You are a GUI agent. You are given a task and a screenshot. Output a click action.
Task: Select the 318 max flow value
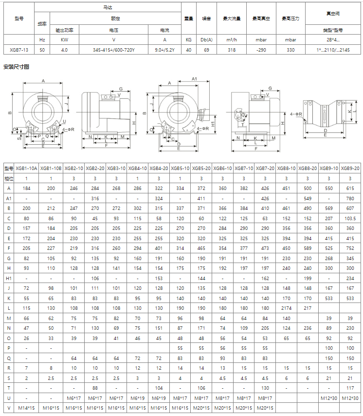[232, 50]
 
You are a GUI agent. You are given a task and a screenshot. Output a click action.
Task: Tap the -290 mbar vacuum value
[261, 50]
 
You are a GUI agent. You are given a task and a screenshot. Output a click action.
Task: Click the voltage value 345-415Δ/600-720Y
[114, 50]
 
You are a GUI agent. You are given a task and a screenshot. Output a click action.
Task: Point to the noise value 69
[206, 50]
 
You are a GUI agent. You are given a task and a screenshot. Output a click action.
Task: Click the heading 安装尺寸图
[16, 67]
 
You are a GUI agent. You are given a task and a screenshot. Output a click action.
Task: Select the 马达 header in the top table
[108, 7]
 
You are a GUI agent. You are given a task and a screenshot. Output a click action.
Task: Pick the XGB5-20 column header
[201, 168]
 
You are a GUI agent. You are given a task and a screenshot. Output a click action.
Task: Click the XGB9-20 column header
[350, 168]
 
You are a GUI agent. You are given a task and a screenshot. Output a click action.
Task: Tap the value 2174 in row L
[286, 308]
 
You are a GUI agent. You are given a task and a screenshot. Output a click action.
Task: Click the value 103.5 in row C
[350, 218]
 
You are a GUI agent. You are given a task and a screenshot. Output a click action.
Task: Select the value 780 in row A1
[350, 198]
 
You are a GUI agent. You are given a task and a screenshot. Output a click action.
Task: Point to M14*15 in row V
[26, 408]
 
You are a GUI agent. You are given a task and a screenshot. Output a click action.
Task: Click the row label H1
[8, 278]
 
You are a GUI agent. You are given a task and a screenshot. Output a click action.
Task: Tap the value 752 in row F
[350, 248]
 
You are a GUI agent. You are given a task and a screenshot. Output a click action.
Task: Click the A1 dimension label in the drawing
[194, 78]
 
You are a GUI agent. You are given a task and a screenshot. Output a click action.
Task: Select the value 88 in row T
[95, 388]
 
